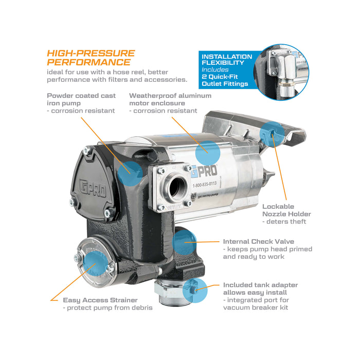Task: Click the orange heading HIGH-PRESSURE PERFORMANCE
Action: (91, 58)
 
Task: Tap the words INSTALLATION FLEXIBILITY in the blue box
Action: (227, 61)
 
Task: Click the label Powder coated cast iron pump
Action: (81, 99)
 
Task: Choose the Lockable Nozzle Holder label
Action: (286, 210)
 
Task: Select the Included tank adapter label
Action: (260, 285)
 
